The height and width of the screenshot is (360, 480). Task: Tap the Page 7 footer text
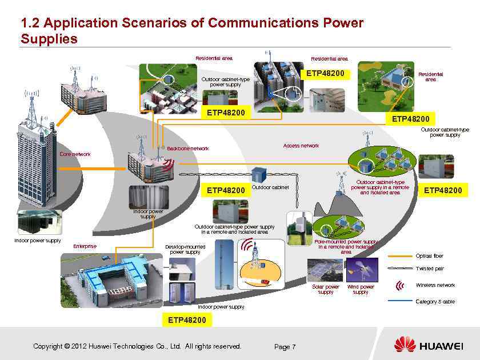285,346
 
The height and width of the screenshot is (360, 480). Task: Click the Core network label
75,154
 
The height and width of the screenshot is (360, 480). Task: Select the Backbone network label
187,149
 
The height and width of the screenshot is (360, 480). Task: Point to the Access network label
301,146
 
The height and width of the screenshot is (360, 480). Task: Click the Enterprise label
85,246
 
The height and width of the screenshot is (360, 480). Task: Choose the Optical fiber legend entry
429,256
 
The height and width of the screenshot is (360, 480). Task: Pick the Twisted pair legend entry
429,269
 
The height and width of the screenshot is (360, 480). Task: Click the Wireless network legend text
435,285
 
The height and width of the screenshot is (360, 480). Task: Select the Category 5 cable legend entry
435,301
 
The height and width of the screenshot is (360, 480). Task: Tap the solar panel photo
325,270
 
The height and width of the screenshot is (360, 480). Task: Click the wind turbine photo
361,270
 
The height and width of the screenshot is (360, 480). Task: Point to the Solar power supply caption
325,289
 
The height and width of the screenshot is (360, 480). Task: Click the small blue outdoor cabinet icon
259,173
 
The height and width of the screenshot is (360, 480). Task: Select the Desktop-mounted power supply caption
185,249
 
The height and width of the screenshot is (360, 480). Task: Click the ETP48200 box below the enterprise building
187,320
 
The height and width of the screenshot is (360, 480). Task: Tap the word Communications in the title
265,23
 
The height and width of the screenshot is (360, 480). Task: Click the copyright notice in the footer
137,346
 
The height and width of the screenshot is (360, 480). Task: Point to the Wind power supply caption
361,289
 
